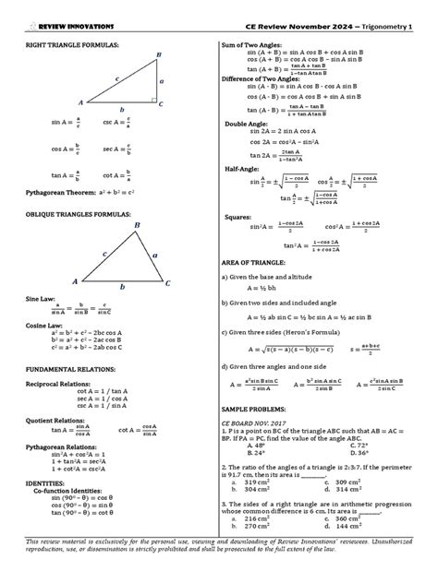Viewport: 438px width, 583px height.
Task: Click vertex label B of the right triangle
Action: click(x=159, y=55)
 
